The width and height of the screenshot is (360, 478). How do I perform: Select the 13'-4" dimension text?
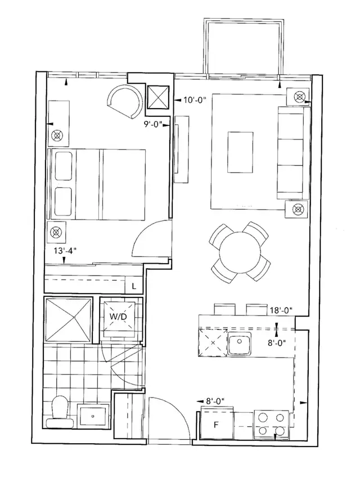64,251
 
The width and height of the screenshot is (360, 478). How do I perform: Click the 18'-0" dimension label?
280,310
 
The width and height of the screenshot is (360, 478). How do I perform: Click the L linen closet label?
133,286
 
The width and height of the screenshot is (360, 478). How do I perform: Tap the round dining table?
240,251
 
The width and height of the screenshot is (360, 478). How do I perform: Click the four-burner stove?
272,425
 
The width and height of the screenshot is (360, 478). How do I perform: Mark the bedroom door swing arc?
151,238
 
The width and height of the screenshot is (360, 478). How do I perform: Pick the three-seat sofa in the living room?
292,154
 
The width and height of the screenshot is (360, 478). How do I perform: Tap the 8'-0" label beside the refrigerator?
215,401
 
